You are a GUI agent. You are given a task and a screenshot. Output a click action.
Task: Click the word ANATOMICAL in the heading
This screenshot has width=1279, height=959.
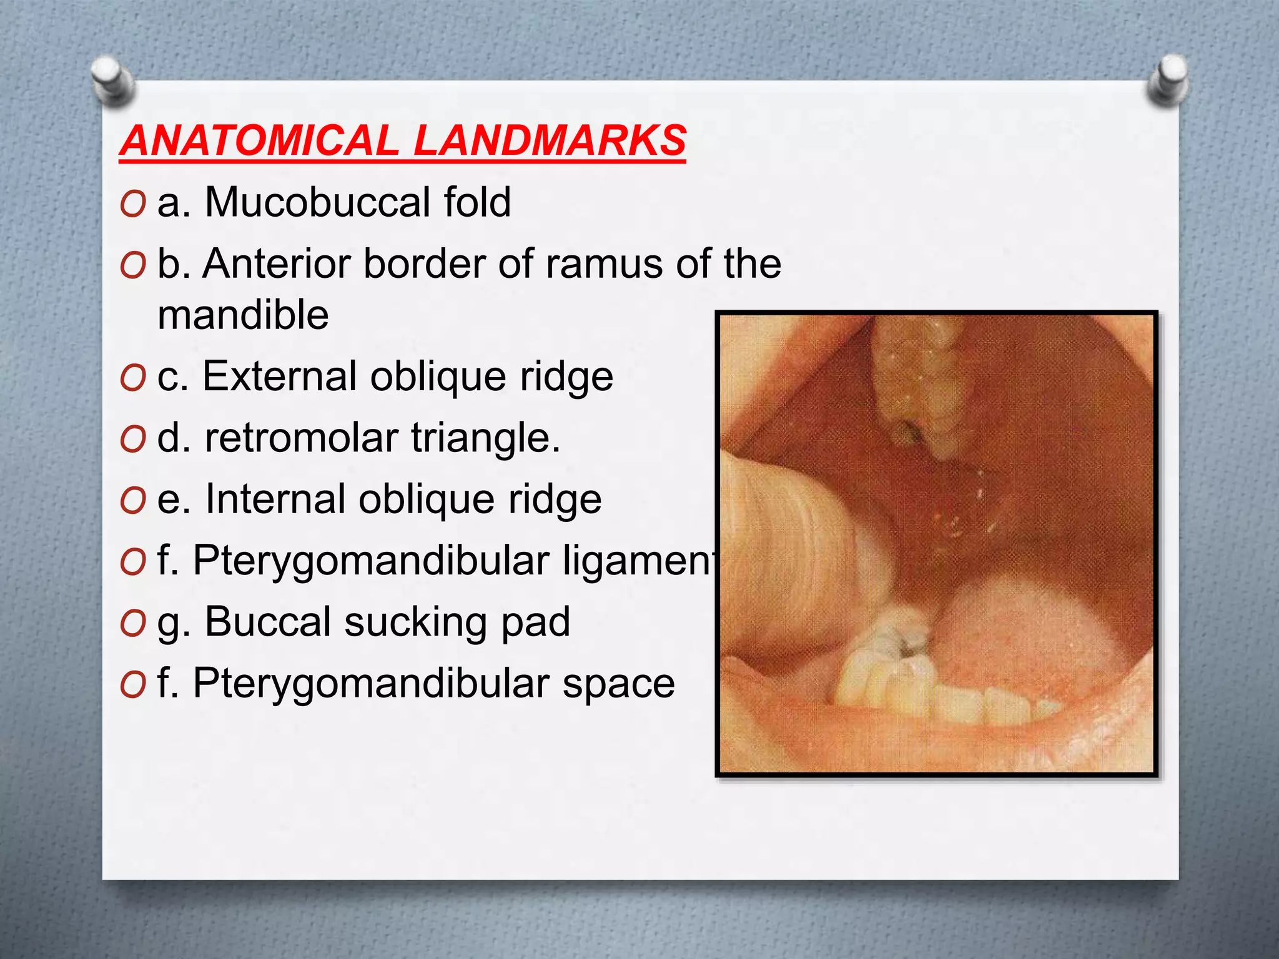tap(259, 140)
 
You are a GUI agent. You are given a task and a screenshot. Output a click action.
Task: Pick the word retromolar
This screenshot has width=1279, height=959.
tap(301, 438)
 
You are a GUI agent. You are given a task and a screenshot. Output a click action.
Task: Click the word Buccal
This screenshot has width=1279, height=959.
tap(269, 622)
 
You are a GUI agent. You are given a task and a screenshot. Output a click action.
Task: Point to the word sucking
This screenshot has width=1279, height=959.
tap(417, 623)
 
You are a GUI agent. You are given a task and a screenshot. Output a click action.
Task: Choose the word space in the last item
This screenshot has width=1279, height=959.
tap(618, 683)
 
